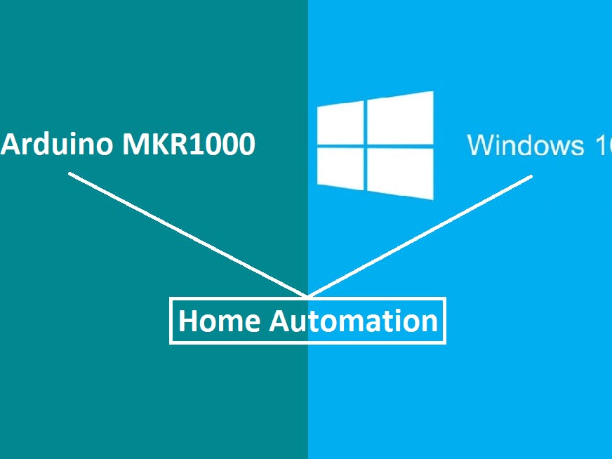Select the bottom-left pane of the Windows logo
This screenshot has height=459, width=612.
pos(340,168)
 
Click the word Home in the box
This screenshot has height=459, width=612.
pos(220,321)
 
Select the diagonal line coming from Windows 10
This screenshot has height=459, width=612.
pos(421,235)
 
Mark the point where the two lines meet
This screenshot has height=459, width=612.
pos(307,296)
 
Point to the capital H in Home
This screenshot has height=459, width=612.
pos(188,321)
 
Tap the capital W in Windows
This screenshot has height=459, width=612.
pos(479,145)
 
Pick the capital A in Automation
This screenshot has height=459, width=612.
pos(280,321)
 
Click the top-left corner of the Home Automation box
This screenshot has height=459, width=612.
pos(171,300)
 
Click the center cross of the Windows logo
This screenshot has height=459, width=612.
pos(366,147)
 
